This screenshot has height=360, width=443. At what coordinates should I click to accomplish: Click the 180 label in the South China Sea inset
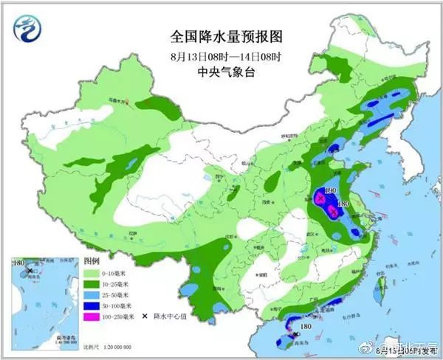(20, 263)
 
